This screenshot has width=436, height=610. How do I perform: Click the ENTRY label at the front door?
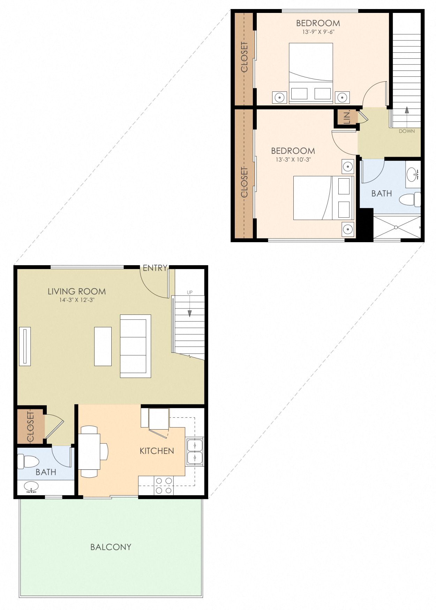pyautogui.click(x=155, y=268)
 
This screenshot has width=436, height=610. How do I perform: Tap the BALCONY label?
pyautogui.click(x=111, y=547)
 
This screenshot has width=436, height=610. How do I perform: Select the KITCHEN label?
pyautogui.click(x=157, y=451)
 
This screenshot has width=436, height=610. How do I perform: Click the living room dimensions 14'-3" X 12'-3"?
pyautogui.click(x=77, y=300)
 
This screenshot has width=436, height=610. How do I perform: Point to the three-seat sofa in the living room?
pyautogui.click(x=135, y=346)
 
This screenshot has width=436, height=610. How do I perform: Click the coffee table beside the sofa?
pyautogui.click(x=103, y=346)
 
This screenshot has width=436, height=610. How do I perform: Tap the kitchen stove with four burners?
pyautogui.click(x=164, y=486)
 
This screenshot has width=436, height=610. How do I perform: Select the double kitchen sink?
pyautogui.click(x=194, y=452)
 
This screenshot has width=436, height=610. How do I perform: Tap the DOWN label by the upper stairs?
pyautogui.click(x=407, y=131)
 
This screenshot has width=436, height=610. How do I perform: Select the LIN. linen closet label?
pyautogui.click(x=347, y=118)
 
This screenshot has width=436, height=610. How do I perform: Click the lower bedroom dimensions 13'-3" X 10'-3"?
pyautogui.click(x=293, y=159)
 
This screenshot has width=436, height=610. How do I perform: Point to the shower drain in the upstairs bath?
pyautogui.click(x=396, y=228)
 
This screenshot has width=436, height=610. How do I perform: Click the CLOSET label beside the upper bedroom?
pyautogui.click(x=244, y=57)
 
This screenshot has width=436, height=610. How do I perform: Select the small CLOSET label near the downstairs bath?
pyautogui.click(x=30, y=426)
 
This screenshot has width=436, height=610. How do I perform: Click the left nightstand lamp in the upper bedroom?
pyautogui.click(x=280, y=97)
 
